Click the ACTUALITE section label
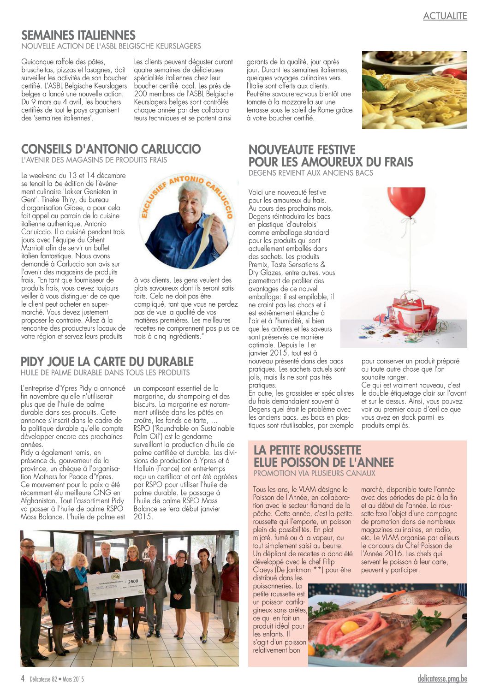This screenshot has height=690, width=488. coord(445,16)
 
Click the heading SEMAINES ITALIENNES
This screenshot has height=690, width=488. coord(78,36)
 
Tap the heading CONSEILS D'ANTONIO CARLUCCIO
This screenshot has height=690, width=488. coord(111,149)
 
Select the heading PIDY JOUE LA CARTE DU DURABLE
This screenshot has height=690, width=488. coord(107,362)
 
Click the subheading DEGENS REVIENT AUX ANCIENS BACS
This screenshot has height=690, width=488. coord(311,173)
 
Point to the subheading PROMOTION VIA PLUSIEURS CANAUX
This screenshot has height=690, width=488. coord(315,473)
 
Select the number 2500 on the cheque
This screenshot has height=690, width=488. coord(133,582)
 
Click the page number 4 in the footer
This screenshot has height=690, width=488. coord(23,678)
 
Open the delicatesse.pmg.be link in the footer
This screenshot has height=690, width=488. coord(442,678)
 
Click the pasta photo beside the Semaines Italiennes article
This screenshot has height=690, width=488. coord(414,90)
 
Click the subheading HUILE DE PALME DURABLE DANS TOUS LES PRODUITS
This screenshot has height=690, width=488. coord(105,373)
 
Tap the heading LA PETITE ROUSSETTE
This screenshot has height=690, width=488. coord(307,450)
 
